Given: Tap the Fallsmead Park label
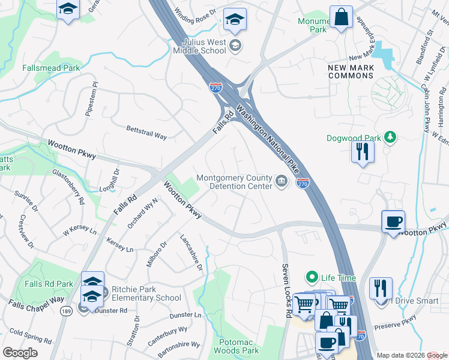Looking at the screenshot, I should point(51,68).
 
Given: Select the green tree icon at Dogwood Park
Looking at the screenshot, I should point(390,138).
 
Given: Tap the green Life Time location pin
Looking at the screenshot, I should point(312,277).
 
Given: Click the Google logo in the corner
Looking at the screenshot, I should point(20,353).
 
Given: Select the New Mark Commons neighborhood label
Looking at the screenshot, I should point(351,72).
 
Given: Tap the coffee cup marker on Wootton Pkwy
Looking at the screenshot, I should point(393,222).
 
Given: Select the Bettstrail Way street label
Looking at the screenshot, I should point(146,133).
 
